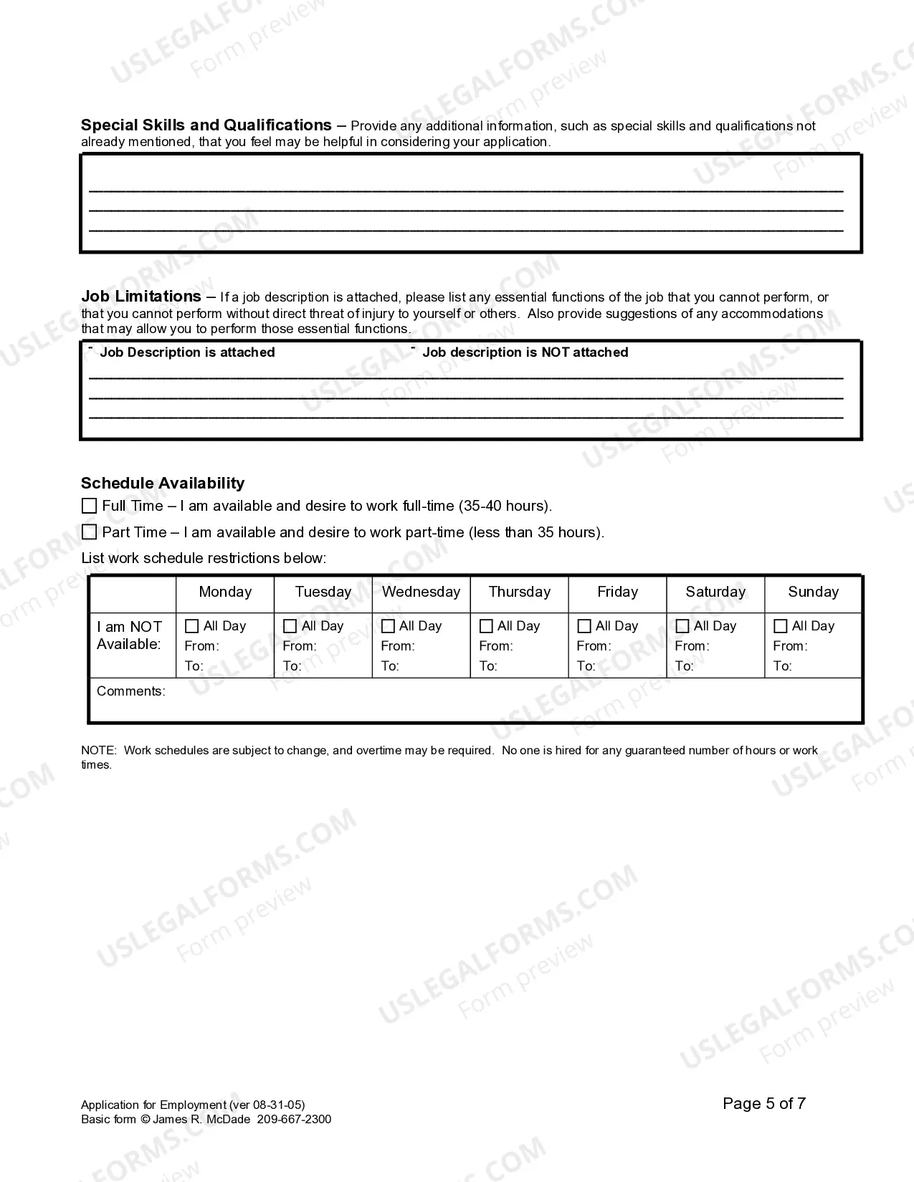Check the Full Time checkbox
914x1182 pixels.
89,506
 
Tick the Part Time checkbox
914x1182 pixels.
89,532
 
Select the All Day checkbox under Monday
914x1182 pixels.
192,626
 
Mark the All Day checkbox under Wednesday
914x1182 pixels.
389,626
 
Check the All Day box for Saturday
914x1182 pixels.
682,626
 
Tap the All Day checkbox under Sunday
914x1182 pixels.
781,626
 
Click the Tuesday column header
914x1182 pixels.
323,592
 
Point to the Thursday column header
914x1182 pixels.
520,592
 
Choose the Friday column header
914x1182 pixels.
617,592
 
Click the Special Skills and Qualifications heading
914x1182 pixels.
206,125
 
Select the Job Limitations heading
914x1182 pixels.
141,297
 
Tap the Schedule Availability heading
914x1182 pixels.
163,484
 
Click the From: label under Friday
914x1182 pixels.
594,646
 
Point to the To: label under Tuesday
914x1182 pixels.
292,666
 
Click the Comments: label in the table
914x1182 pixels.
131,691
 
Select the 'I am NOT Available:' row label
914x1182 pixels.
130,635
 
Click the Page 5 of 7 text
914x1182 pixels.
764,1104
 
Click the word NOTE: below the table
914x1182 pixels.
99,751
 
